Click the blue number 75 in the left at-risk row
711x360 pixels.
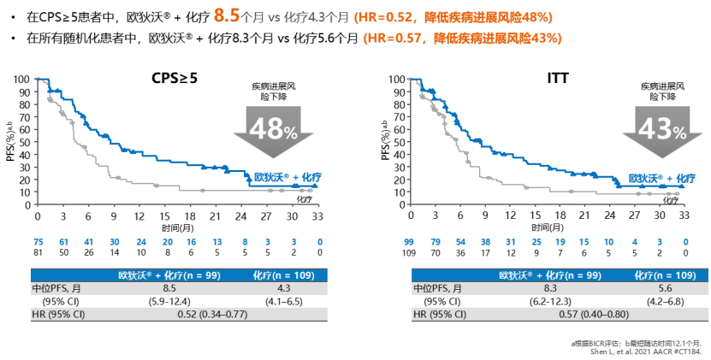38,242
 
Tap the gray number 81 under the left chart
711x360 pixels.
38,253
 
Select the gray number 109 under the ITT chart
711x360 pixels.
411,253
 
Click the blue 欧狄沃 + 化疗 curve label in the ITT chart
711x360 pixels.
656,179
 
